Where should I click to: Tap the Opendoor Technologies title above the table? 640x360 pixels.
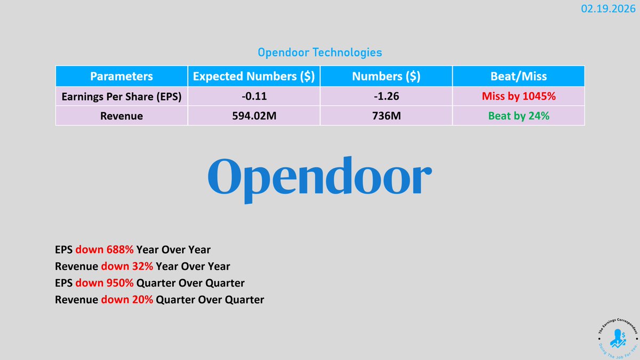point(319,53)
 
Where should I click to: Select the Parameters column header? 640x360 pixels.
point(121,76)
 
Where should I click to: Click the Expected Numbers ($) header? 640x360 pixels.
point(253,76)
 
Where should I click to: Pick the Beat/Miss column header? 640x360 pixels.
point(518,76)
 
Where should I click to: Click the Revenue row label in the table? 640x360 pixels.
point(121,115)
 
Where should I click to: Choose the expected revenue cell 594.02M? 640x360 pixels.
point(253,115)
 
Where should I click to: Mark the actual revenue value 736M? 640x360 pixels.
point(386,115)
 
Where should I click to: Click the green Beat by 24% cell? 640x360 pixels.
point(518,115)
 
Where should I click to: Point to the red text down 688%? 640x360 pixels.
point(105,249)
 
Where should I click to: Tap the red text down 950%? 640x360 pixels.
point(105,283)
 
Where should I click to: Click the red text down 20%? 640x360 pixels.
point(127,300)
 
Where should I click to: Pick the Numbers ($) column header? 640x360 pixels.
point(386,76)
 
